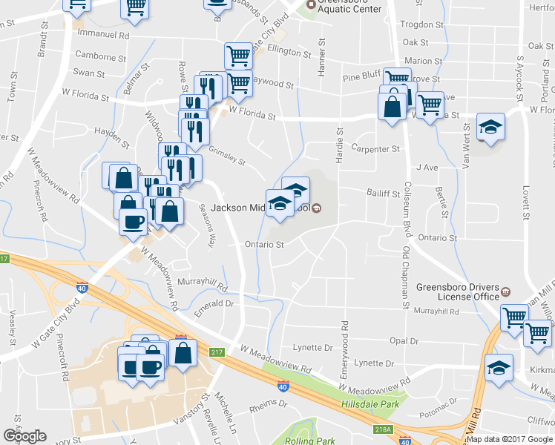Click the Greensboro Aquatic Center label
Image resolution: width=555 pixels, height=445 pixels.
coord(349,9)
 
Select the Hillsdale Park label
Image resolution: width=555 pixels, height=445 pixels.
coord(369,404)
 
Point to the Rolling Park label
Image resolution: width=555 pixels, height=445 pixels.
coord(315,441)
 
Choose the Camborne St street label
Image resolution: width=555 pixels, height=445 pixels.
coord(100,56)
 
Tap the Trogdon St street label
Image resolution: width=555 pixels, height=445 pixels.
coord(421,24)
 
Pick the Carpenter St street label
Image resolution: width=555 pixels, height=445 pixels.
coord(375,149)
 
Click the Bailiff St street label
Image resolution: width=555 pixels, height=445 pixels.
coord(383,192)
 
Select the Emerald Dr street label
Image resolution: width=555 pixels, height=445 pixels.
coord(214,303)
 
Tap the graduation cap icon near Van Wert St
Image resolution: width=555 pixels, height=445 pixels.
coord(490,128)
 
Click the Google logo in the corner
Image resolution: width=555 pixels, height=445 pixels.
coord(24,436)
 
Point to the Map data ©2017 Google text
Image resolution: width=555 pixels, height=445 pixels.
coord(510,439)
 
